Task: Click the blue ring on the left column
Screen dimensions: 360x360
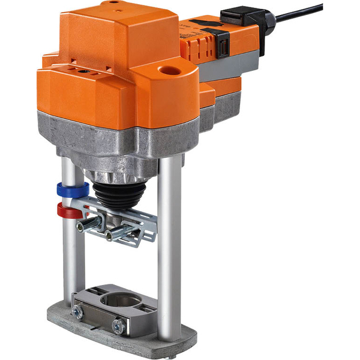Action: click(x=71, y=190)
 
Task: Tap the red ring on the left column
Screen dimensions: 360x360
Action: click(x=67, y=211)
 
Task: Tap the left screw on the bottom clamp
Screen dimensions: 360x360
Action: click(x=77, y=311)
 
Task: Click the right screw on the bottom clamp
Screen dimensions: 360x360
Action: click(x=118, y=328)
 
